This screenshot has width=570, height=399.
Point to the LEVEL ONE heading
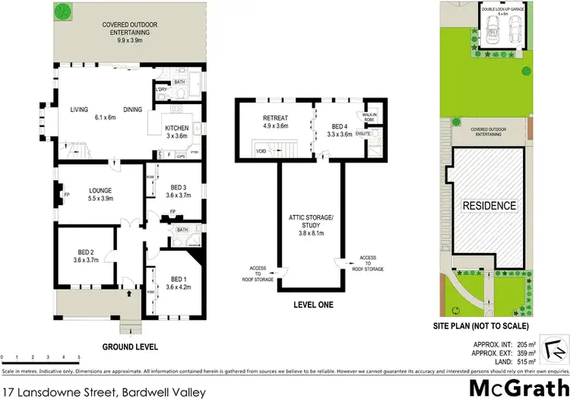314,306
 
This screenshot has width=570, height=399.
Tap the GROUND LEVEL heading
130,347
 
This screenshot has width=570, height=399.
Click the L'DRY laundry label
161,90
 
